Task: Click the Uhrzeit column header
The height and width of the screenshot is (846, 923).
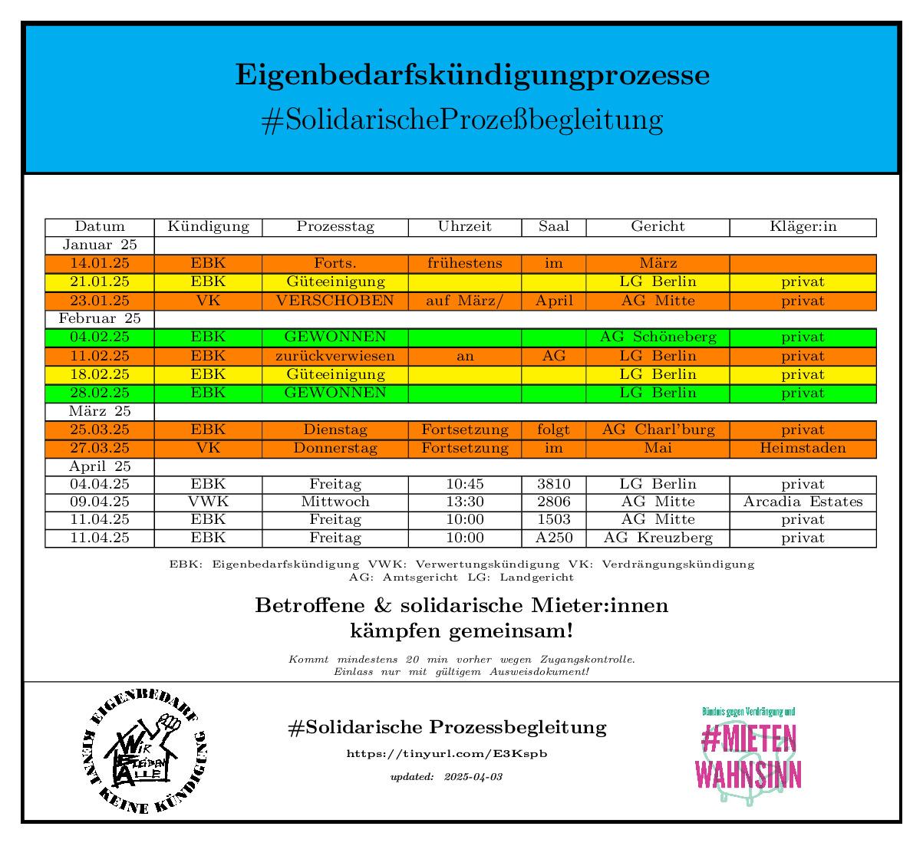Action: [x=464, y=227]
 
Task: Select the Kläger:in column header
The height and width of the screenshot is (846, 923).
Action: [x=803, y=227]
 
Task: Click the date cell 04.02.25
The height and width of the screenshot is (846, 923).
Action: [x=100, y=337]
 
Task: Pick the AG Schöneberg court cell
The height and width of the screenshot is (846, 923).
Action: [x=658, y=337]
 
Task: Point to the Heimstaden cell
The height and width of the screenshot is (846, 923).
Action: [x=803, y=448]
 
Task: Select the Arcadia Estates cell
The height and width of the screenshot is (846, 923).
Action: [x=803, y=502]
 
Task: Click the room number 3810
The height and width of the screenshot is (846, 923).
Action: [x=553, y=485]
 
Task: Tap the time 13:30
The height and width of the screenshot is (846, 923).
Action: [x=464, y=502]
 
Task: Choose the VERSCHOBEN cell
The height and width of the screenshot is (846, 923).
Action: [x=335, y=301]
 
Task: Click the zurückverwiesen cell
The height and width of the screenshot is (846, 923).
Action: [x=335, y=356]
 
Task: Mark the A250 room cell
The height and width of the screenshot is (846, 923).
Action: [x=553, y=538]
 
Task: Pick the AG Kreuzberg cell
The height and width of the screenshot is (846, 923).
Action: [x=658, y=538]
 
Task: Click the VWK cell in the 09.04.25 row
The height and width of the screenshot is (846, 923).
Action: [x=208, y=502]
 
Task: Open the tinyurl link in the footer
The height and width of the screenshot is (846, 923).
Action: [x=447, y=754]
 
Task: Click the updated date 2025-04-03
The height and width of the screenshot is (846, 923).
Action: [x=473, y=777]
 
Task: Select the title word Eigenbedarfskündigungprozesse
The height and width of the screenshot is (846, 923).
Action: [x=472, y=76]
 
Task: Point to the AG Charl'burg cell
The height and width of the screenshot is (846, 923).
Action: [x=658, y=430]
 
